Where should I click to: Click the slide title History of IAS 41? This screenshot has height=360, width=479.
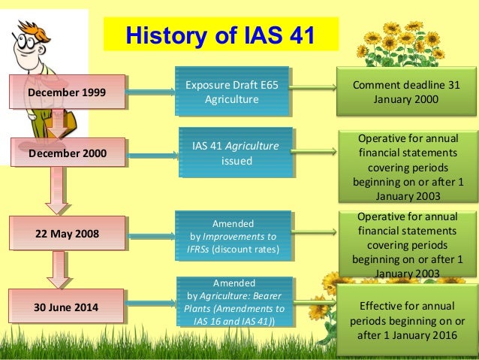(221, 35)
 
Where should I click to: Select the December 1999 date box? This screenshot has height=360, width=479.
(67, 93)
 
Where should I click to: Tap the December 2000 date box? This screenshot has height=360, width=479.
(67, 153)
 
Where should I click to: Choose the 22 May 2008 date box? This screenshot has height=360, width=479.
(67, 233)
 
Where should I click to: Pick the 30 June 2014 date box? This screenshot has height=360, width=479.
(67, 307)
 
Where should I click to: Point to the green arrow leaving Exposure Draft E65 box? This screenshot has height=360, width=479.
(312, 89)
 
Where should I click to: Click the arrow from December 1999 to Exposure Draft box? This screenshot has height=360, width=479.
(149, 93)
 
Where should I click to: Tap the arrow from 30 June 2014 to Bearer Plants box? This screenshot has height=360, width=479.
(149, 306)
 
